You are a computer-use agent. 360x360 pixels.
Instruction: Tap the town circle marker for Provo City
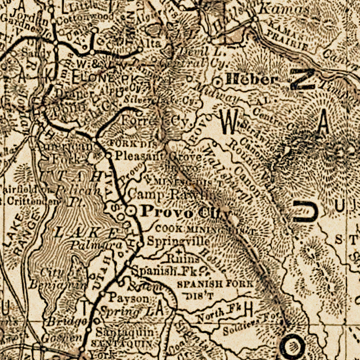131,210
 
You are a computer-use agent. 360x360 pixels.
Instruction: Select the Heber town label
251,80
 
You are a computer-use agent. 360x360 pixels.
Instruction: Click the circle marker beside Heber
217,82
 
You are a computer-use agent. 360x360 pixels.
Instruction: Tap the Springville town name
178,242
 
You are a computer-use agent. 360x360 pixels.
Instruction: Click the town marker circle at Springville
140,243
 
